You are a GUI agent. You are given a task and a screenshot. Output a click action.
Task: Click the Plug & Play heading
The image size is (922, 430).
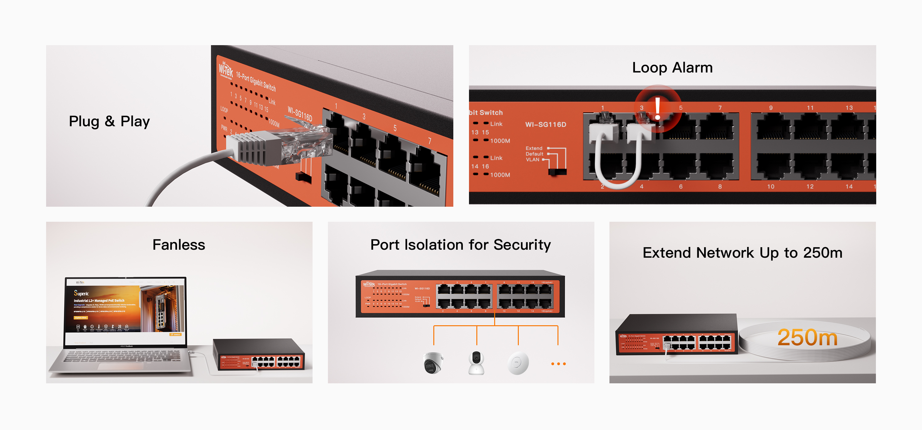coord(109,121)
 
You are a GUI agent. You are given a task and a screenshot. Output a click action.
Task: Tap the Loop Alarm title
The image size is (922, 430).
coord(672,68)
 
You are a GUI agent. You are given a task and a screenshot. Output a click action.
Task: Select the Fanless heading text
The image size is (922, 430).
coord(179,245)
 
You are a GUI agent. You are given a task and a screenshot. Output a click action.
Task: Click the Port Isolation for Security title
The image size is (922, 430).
coord(460,245)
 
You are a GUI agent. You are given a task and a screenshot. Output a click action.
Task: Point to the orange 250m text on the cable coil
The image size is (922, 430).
coord(807,337)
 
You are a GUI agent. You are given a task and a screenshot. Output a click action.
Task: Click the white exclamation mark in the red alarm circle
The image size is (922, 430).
coord(657,108)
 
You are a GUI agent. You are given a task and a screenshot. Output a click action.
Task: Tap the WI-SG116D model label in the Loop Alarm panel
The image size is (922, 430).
coord(546,124)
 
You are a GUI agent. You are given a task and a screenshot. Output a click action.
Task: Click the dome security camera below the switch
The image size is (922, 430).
coord(433,363)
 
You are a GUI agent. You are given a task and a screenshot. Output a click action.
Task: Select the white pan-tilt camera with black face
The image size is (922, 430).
coord(476,362)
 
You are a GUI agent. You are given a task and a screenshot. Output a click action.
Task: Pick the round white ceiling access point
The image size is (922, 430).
coord(518,363)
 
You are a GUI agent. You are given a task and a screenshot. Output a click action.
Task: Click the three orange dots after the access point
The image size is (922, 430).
coord(558,364)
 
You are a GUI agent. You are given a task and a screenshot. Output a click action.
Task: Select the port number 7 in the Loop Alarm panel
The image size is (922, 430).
coord(720,108)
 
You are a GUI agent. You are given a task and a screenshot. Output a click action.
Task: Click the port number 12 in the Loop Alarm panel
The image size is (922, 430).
coord(810,186)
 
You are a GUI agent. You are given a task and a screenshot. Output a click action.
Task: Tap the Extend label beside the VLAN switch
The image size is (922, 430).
coord(534,148)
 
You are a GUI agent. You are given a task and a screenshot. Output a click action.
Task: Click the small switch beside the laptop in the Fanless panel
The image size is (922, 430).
coord(258,355)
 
